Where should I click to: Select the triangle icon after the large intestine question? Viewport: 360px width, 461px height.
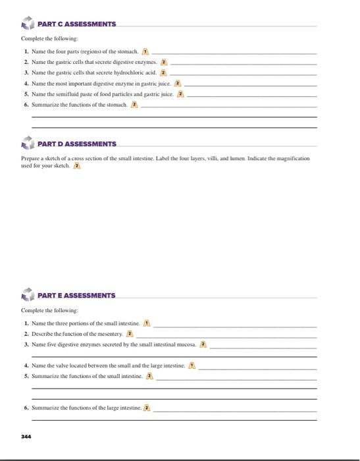(147, 408)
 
